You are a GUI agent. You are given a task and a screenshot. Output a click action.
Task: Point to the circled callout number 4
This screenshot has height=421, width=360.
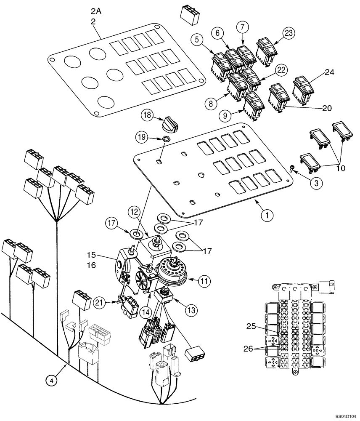tap(50, 381)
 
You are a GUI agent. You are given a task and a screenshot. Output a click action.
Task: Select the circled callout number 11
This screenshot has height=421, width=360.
tap(204, 280)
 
